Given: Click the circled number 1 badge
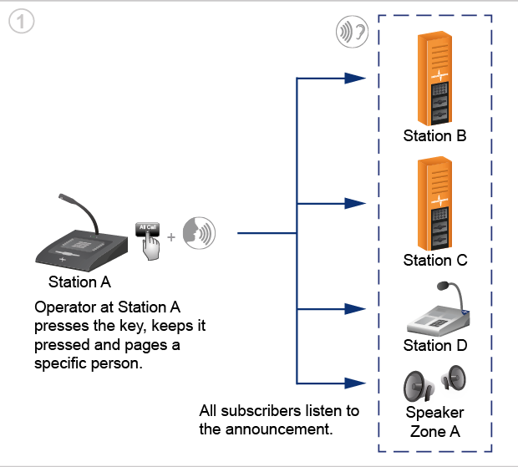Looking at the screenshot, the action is (22, 22).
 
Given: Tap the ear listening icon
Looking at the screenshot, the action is (353, 32).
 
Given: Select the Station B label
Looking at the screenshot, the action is (434, 135).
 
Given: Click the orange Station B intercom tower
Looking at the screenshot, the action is (434, 79).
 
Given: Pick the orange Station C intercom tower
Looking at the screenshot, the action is (434, 204).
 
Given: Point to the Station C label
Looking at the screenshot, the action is (435, 261).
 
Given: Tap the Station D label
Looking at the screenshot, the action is (435, 346).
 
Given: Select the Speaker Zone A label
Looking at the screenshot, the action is (434, 422).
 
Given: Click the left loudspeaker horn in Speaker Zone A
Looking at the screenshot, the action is (419, 386).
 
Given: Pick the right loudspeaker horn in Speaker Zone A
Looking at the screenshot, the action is (454, 378).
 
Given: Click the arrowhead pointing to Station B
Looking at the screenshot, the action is (355, 79).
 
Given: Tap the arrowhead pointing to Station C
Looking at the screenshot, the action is (355, 204).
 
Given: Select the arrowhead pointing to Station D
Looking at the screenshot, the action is (355, 309).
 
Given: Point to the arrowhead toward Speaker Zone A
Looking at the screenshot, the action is (355, 383).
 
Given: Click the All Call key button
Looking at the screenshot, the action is (147, 229).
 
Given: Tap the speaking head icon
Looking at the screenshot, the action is (199, 233).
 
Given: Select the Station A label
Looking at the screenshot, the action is (79, 282).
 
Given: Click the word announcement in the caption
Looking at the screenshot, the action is (279, 429).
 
